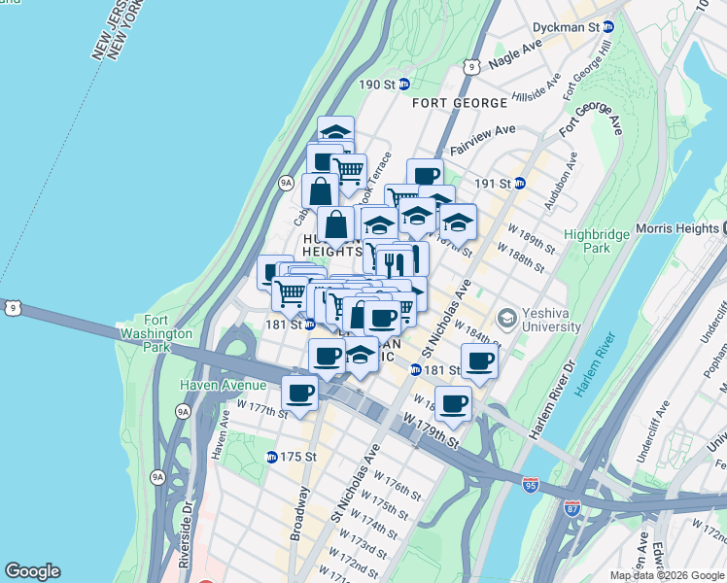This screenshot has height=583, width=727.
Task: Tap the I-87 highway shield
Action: (573, 507)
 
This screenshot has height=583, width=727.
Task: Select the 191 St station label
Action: (498, 183)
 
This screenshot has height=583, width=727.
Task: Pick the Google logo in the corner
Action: (32, 571)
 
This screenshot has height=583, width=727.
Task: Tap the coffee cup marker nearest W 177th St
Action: (299, 394)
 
